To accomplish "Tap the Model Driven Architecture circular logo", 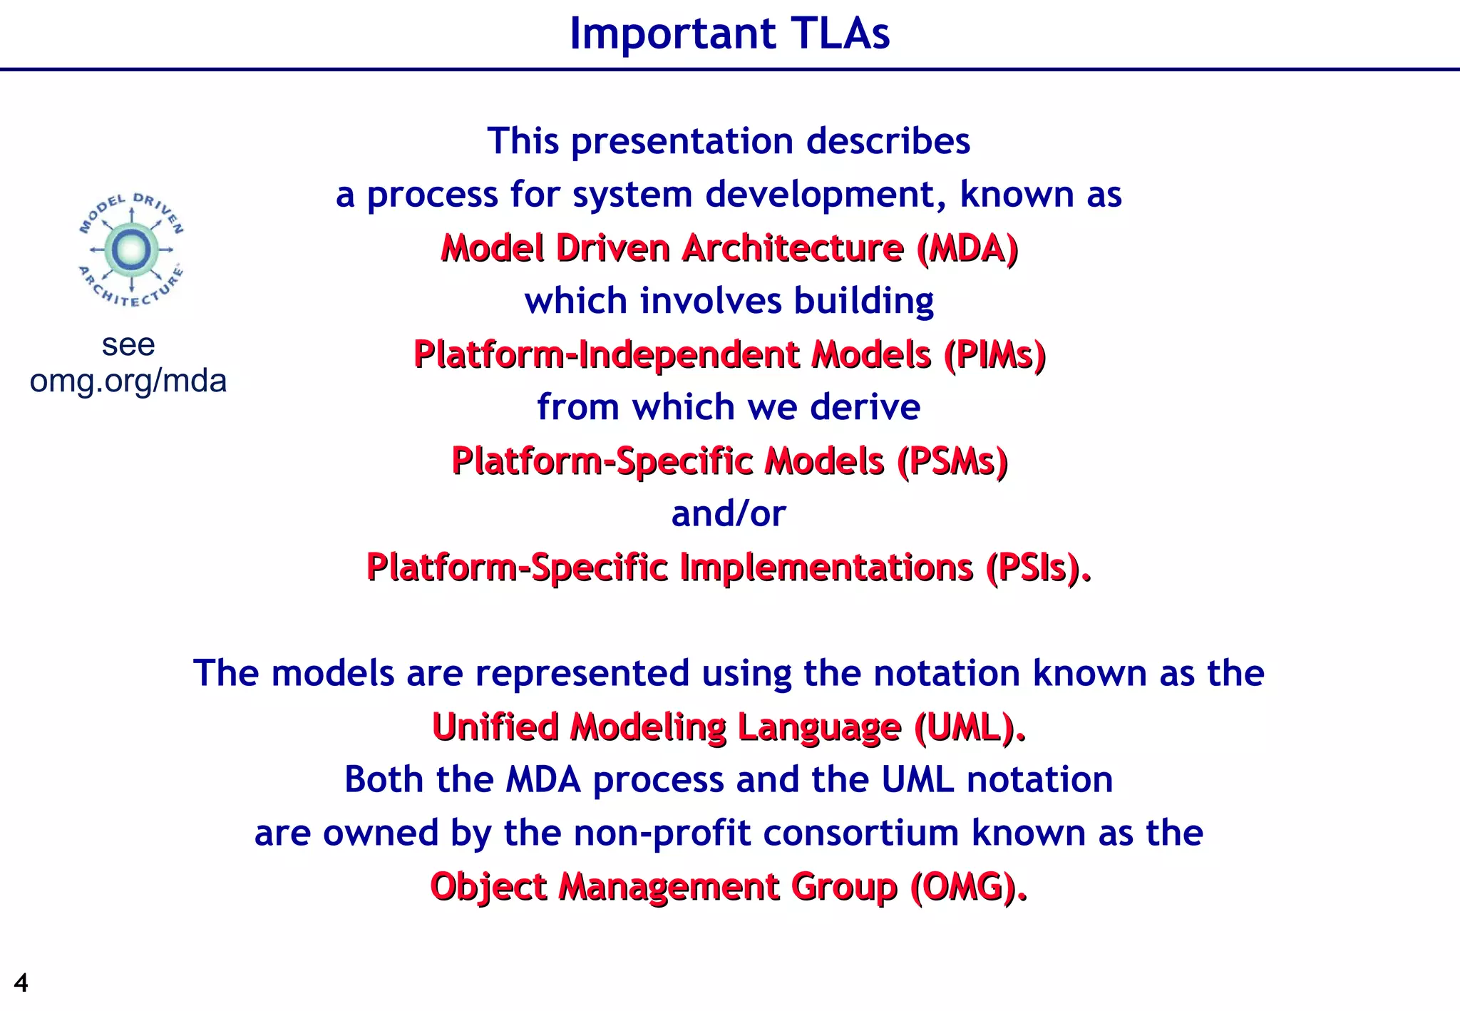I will click(x=131, y=250).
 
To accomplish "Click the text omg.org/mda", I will click(x=128, y=381).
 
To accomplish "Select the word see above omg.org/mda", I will click(x=128, y=345).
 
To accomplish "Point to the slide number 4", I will click(x=21, y=983).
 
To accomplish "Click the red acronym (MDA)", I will click(x=967, y=248).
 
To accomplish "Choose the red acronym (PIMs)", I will click(x=994, y=354).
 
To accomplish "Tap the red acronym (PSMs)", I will click(x=952, y=461).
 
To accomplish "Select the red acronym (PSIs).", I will click(x=1037, y=568).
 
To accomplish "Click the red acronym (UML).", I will click(x=970, y=727).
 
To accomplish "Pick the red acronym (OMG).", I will click(x=968, y=887).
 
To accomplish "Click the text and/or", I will click(x=729, y=513).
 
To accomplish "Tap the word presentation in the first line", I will click(x=682, y=141).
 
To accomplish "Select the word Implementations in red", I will click(x=827, y=568).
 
